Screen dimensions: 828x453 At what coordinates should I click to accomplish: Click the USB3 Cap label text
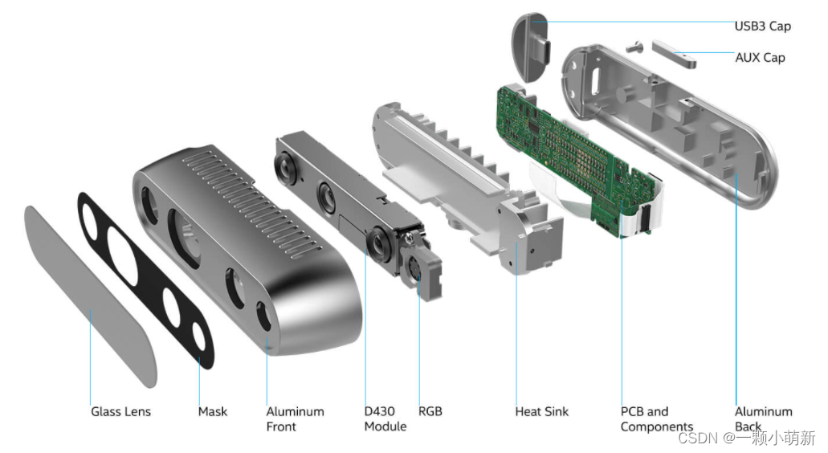(x=762, y=26)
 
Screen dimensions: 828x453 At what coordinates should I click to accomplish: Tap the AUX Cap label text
(x=760, y=57)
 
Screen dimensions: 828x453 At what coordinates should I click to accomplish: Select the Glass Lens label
(x=120, y=411)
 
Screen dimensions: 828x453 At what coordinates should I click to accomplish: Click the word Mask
(x=213, y=411)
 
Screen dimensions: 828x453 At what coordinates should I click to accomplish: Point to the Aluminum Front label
(x=295, y=418)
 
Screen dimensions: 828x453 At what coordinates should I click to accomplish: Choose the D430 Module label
(x=385, y=418)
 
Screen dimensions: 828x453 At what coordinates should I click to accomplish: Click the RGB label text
(x=430, y=411)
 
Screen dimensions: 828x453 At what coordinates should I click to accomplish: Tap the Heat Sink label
(x=541, y=411)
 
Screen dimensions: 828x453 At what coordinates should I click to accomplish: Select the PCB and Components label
(x=656, y=418)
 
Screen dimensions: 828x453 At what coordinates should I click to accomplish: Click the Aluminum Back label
(x=763, y=418)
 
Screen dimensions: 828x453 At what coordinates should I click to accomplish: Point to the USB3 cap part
(x=530, y=47)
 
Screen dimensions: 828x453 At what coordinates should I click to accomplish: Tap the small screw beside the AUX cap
(x=634, y=45)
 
